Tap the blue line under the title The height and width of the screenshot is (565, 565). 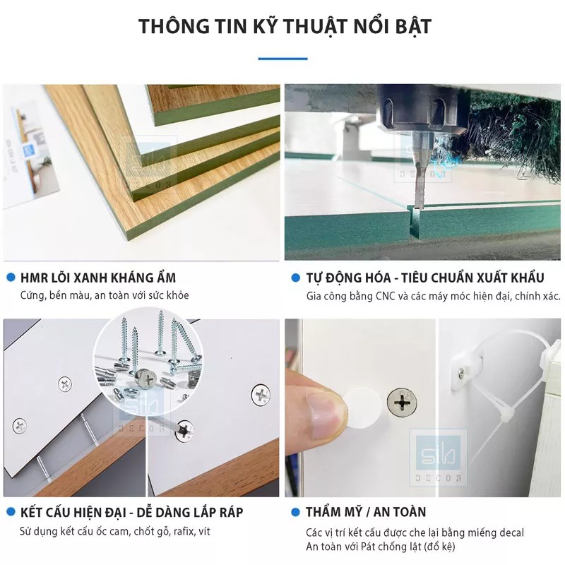[282, 59]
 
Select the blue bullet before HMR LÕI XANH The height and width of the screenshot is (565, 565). [10, 278]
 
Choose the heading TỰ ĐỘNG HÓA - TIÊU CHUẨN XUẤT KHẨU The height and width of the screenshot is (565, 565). [424, 278]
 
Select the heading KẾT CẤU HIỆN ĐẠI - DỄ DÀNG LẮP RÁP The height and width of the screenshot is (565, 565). [131, 512]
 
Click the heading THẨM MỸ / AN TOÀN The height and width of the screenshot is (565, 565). [365, 512]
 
